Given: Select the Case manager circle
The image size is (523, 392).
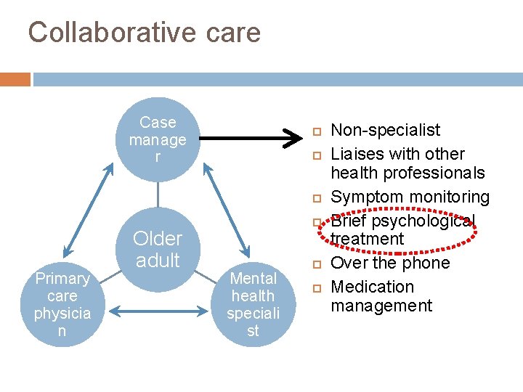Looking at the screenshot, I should coord(158,139).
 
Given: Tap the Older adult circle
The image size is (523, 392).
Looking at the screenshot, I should coord(158,249).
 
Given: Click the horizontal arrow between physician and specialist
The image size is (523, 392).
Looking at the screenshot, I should coord(158,311).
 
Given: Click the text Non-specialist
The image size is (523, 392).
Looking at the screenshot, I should coord(385,130).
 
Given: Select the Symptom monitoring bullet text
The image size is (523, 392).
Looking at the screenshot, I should coord(410,197).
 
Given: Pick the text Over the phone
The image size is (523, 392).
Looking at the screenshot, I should coord(390,263).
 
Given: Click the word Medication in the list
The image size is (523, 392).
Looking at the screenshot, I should coord(372,287).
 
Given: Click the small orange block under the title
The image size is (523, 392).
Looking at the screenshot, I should coord(15,79).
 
